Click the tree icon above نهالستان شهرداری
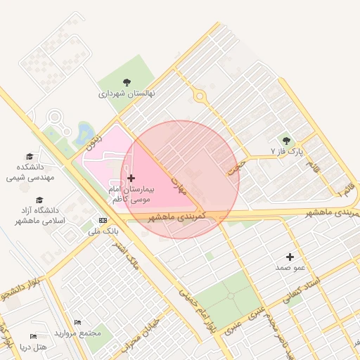pyautogui.click(x=127, y=82)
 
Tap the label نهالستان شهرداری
pyautogui.click(x=126, y=94)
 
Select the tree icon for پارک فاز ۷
pyautogui.click(x=285, y=141)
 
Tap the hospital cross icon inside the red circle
pyautogui.click(x=131, y=179)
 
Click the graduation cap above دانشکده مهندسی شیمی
pyautogui.click(x=30, y=156)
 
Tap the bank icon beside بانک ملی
pyautogui.click(x=103, y=219)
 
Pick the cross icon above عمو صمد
pyautogui.click(x=290, y=257)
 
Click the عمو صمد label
pyautogui.click(x=289, y=268)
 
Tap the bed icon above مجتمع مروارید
pyautogui.click(x=77, y=322)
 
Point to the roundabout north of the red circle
pyautogui.click(x=200, y=96)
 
